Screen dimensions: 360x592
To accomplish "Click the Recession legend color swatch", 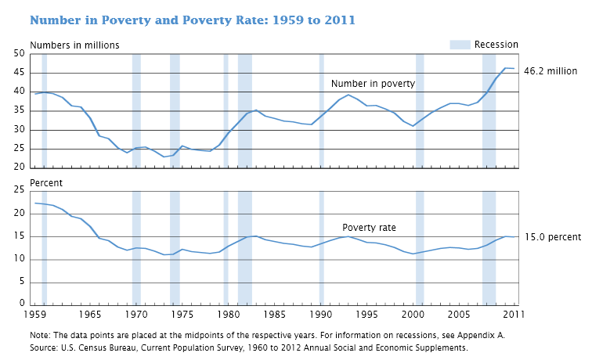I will pyautogui.click(x=460, y=45).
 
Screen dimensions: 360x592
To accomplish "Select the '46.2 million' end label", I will pyautogui.click(x=550, y=71).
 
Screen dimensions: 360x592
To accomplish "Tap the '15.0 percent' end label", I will pyautogui.click(x=553, y=237).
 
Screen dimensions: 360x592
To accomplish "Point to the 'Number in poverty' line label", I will pyautogui.click(x=373, y=83).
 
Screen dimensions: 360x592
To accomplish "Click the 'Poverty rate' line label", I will pyautogui.click(x=369, y=228).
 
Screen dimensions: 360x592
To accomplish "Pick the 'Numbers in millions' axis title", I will pyautogui.click(x=74, y=45).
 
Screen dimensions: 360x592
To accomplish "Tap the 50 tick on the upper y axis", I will pyautogui.click(x=19, y=53).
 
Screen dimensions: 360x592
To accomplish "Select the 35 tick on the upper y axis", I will pyautogui.click(x=19, y=110).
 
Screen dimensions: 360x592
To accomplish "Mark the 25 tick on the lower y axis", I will pyautogui.click(x=19, y=190).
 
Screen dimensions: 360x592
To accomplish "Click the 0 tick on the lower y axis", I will pyautogui.click(x=22, y=303).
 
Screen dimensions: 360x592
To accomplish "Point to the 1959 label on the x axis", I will pyautogui.click(x=35, y=314).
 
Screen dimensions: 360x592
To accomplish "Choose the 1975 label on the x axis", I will pyautogui.click(x=182, y=314).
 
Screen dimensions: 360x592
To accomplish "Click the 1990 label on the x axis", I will pyautogui.click(x=321, y=314).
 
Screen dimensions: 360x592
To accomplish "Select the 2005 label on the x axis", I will pyautogui.click(x=460, y=314).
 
